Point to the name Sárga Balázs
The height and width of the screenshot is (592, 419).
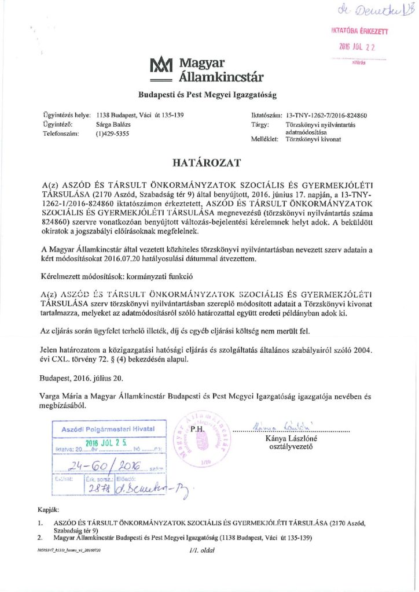113,124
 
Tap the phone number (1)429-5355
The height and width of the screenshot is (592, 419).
112,134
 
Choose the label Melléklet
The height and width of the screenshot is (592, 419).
260,139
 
